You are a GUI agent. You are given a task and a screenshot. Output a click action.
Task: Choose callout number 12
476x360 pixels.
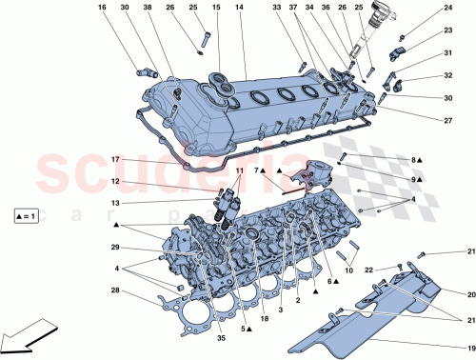coord(114,181)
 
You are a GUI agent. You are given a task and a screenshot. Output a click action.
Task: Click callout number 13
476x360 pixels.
coord(114,203)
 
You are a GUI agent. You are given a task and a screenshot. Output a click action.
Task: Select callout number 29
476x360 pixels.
coord(114,248)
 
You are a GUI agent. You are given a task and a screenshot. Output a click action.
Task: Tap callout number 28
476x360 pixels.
coord(114,290)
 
